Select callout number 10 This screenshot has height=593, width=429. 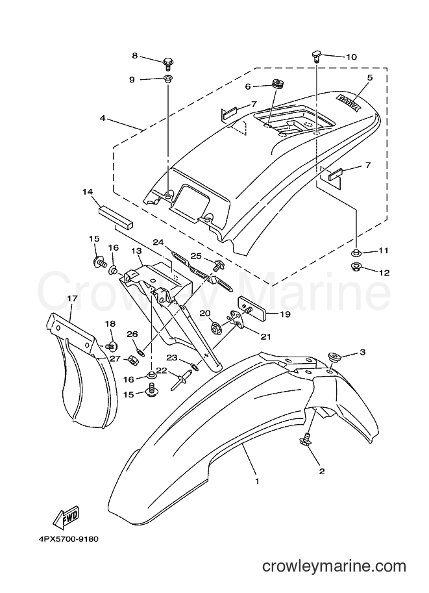(x=351, y=57)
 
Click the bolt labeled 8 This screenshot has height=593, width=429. (x=168, y=63)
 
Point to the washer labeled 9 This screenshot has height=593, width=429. (x=167, y=79)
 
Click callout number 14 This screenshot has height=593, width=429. (x=88, y=192)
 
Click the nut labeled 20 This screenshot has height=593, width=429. (x=217, y=326)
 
